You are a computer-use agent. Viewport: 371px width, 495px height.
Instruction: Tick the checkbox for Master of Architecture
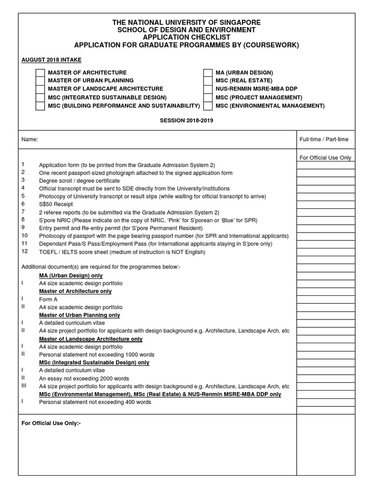pos(41,73)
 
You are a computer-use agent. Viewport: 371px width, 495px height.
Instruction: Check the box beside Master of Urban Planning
pos(41,81)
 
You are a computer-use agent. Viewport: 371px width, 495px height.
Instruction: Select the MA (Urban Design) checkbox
pos(208,73)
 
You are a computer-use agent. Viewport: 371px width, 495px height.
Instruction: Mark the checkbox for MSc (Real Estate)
pos(208,81)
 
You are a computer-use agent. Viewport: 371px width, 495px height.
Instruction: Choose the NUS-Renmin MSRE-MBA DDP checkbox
pos(208,89)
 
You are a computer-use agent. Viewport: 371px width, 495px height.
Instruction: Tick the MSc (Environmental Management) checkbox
pos(208,106)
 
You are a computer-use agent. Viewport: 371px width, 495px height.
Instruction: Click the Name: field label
pos(29,139)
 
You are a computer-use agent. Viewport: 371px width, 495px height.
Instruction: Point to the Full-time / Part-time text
pos(324,139)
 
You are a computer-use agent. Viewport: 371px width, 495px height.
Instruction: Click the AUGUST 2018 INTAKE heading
pos(51,60)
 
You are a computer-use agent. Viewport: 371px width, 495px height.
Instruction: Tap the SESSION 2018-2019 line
pos(186,120)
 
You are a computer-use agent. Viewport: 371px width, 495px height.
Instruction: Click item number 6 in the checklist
pos(23,204)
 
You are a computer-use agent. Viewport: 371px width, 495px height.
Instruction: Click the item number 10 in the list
pos(25,235)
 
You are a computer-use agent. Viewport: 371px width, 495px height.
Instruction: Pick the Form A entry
pos(48,299)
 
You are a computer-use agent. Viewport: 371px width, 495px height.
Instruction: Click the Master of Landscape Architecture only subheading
pos(91,339)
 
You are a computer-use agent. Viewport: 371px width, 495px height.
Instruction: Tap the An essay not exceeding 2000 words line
pos(84,379)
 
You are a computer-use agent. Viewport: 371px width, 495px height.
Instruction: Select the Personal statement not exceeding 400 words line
pos(95,402)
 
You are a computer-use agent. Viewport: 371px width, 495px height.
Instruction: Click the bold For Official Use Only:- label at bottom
pos(51,423)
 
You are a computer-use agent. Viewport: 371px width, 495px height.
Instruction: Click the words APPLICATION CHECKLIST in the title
pos(186,37)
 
